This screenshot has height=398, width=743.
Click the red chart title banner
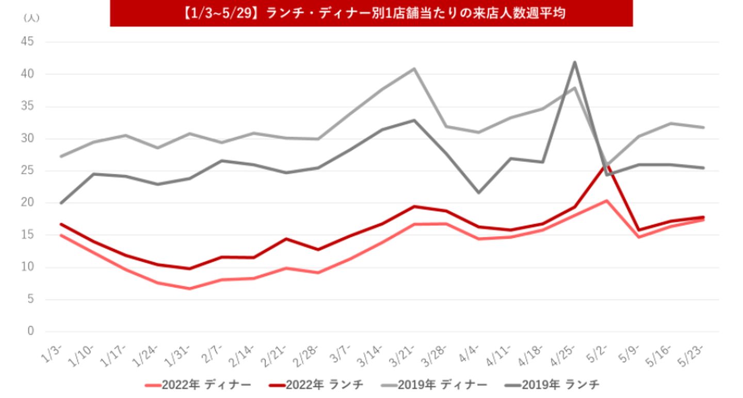[371, 13]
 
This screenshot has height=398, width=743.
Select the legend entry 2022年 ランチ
[317, 385]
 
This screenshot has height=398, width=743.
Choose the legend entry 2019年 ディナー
[435, 385]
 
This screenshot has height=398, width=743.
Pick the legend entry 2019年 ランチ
[553, 385]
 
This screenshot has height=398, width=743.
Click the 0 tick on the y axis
[30, 331]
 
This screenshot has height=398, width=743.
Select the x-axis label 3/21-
[406, 354]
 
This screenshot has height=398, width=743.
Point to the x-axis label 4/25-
[567, 354]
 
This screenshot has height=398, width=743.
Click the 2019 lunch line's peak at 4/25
[574, 62]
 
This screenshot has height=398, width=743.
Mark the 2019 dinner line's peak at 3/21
[414, 69]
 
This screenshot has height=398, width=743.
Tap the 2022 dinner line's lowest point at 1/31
[189, 289]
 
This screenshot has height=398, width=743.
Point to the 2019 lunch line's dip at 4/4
[478, 193]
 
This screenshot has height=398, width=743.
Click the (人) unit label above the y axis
[31, 18]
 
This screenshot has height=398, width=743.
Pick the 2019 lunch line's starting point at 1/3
[61, 203]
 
